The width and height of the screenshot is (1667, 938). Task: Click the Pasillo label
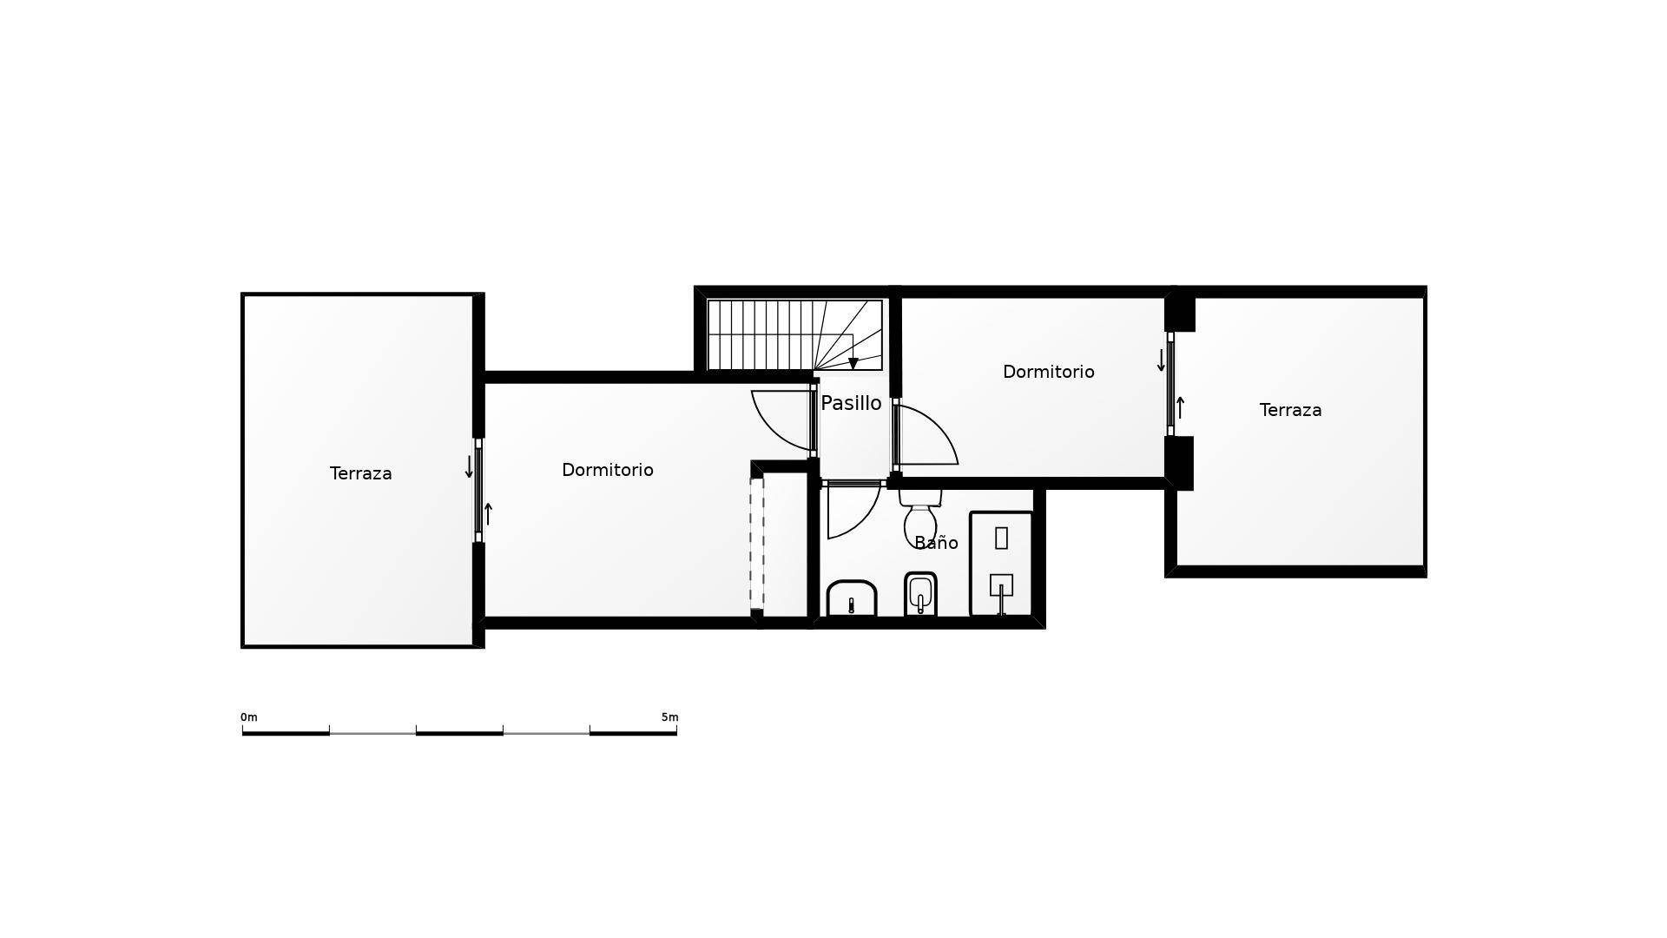(851, 403)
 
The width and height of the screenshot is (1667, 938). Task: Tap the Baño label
(936, 543)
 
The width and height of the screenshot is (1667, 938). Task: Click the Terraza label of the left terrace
(360, 473)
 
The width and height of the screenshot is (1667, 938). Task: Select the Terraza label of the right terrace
(1290, 410)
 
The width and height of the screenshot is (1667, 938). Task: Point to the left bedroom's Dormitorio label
(607, 470)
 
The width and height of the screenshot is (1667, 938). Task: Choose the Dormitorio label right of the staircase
(1048, 372)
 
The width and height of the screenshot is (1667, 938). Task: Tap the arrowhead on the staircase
(853, 364)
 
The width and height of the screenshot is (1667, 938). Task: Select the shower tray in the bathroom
(1001, 564)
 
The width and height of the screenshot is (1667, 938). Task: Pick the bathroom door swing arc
(854, 512)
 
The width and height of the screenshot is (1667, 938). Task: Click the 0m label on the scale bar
(248, 717)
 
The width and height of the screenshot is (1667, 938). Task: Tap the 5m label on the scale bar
(669, 717)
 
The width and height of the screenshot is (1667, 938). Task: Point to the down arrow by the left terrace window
(469, 467)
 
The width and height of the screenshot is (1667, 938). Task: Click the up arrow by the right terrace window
(1180, 407)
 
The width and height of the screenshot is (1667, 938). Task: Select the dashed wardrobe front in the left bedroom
(756, 544)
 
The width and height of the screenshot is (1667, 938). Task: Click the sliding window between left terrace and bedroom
(478, 491)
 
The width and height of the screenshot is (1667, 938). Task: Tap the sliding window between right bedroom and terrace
(1170, 384)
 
